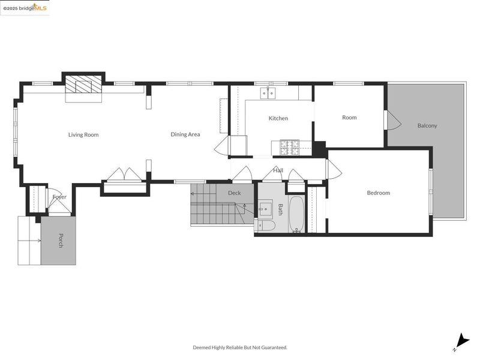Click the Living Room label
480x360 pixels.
click(83, 134)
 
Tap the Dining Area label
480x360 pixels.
click(185, 134)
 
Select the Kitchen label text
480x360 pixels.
click(278, 118)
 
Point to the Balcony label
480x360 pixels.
click(427, 125)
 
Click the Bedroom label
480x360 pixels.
click(379, 193)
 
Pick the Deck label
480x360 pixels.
click(235, 193)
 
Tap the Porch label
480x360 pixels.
click(61, 241)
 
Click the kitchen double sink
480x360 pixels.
click(268, 93)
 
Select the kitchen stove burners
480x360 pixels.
click(290, 147)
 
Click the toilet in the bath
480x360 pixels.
click(265, 226)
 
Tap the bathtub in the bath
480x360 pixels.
click(296, 214)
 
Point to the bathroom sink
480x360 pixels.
click(265, 208)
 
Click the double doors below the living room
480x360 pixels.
click(124, 175)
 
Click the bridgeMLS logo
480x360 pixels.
click(25, 8)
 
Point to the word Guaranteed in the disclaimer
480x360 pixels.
click(274, 347)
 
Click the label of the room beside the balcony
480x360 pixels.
click(349, 118)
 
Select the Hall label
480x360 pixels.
click(278, 170)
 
